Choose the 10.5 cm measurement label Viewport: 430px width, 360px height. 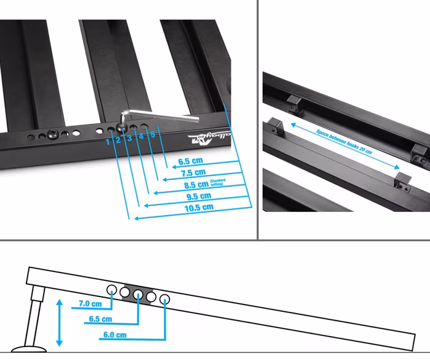click(199, 207)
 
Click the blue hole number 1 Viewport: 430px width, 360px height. click(108, 141)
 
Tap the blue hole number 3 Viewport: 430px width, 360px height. click(129, 138)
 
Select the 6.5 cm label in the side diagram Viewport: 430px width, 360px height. click(100, 319)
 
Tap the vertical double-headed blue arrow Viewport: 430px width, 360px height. click(59, 321)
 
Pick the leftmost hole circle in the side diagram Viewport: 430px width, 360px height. click(112, 289)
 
